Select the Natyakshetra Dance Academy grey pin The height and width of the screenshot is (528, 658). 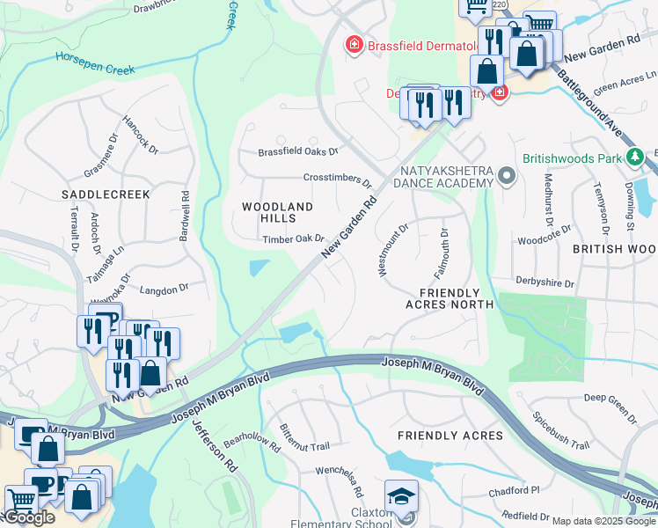point(506,177)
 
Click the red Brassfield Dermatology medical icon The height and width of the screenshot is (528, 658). point(354,44)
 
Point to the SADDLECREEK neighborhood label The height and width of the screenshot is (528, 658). point(106,193)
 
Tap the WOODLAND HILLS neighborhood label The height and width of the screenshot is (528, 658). point(277,212)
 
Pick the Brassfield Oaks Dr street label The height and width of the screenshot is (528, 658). point(298,152)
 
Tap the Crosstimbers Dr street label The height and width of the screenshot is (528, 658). point(337,179)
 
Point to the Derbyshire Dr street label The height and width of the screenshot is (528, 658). point(545,284)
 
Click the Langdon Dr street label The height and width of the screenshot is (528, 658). point(164,289)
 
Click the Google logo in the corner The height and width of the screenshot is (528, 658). point(29,517)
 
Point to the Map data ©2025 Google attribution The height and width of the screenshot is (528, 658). point(604,521)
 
